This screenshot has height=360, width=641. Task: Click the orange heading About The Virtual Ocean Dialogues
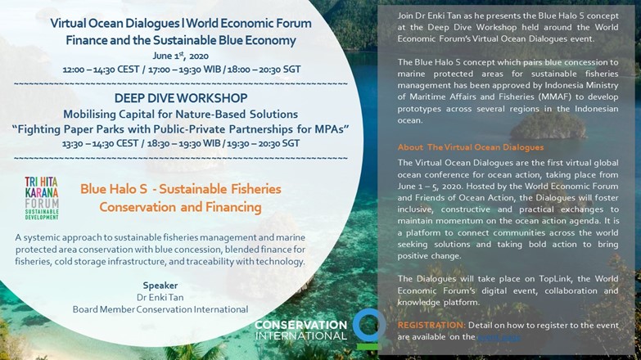click(471, 147)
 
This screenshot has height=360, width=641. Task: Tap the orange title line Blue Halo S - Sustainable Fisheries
click(181, 189)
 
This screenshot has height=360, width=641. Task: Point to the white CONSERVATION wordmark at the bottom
click(300, 325)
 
